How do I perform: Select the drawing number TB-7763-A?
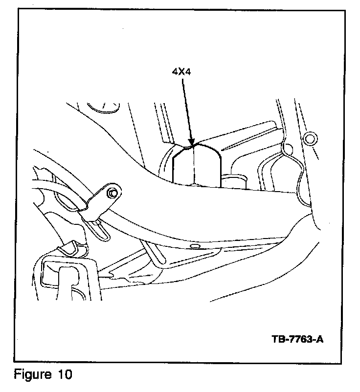(x=297, y=339)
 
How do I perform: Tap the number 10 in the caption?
(x=64, y=375)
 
